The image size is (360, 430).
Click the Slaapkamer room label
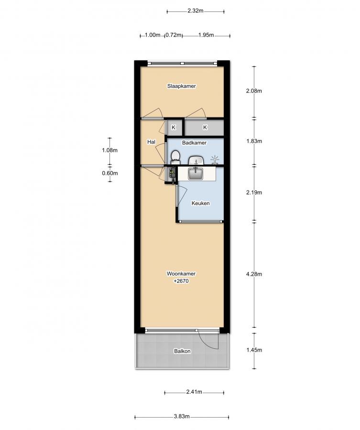pyautogui.click(x=181, y=86)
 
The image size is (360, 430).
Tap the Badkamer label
pyautogui.click(x=194, y=142)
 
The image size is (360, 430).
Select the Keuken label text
pyautogui.click(x=201, y=203)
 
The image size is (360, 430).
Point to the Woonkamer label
pyautogui.click(x=181, y=274)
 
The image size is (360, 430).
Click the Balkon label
pyautogui.click(x=182, y=351)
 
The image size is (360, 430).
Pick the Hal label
pyautogui.click(x=151, y=142)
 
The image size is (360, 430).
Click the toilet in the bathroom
pyautogui.click(x=175, y=157)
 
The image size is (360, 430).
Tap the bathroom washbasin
pyautogui.click(x=196, y=160)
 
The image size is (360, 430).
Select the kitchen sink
pyautogui.click(x=196, y=173)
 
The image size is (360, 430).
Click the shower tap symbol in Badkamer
pyautogui.click(x=215, y=160)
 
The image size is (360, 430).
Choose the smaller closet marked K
pyautogui.click(x=174, y=128)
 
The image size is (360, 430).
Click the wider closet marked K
pyautogui.click(x=205, y=128)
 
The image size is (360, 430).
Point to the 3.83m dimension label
pyautogui.click(x=181, y=416)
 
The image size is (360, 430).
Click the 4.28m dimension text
pyautogui.click(x=254, y=274)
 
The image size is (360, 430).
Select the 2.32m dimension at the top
pyautogui.click(x=196, y=11)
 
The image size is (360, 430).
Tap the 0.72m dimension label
pyautogui.click(x=174, y=35)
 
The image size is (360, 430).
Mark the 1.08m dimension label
pyautogui.click(x=110, y=150)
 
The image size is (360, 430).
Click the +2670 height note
pyautogui.click(x=181, y=281)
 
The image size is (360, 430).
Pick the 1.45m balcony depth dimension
pyautogui.click(x=254, y=350)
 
